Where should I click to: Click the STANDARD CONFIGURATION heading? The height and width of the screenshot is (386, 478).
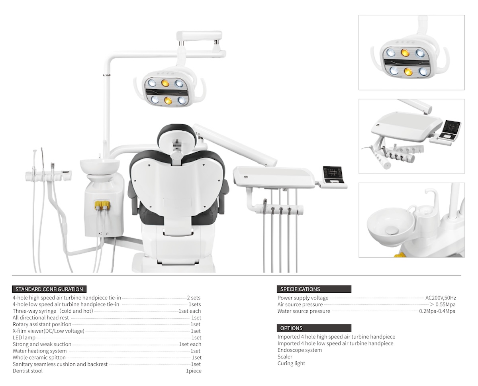(49, 289)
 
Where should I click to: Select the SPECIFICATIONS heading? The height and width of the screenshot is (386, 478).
(300, 289)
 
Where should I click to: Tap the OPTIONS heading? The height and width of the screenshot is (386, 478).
(291, 328)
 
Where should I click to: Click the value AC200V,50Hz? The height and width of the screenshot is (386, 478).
(441, 298)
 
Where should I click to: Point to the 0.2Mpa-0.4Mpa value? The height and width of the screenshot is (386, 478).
(437, 311)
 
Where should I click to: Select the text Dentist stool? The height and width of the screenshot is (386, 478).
(27, 371)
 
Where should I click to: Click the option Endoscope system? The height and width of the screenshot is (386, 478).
(300, 350)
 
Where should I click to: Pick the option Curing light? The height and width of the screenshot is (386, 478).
(291, 363)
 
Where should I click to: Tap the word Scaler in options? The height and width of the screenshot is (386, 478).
(285, 357)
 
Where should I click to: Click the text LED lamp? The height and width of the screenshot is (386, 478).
(24, 337)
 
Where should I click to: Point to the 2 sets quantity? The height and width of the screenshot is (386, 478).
(194, 298)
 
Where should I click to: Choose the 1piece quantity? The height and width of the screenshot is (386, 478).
(194, 371)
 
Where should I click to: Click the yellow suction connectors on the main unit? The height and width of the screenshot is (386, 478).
(102, 205)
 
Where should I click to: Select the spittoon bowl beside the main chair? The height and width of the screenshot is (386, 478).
(100, 166)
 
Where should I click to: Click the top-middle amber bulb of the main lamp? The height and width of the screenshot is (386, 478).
(165, 83)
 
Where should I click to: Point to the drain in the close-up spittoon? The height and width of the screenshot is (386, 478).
(392, 230)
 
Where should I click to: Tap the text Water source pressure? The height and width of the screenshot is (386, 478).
(304, 311)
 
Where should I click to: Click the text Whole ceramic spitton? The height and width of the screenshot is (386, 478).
(39, 357)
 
